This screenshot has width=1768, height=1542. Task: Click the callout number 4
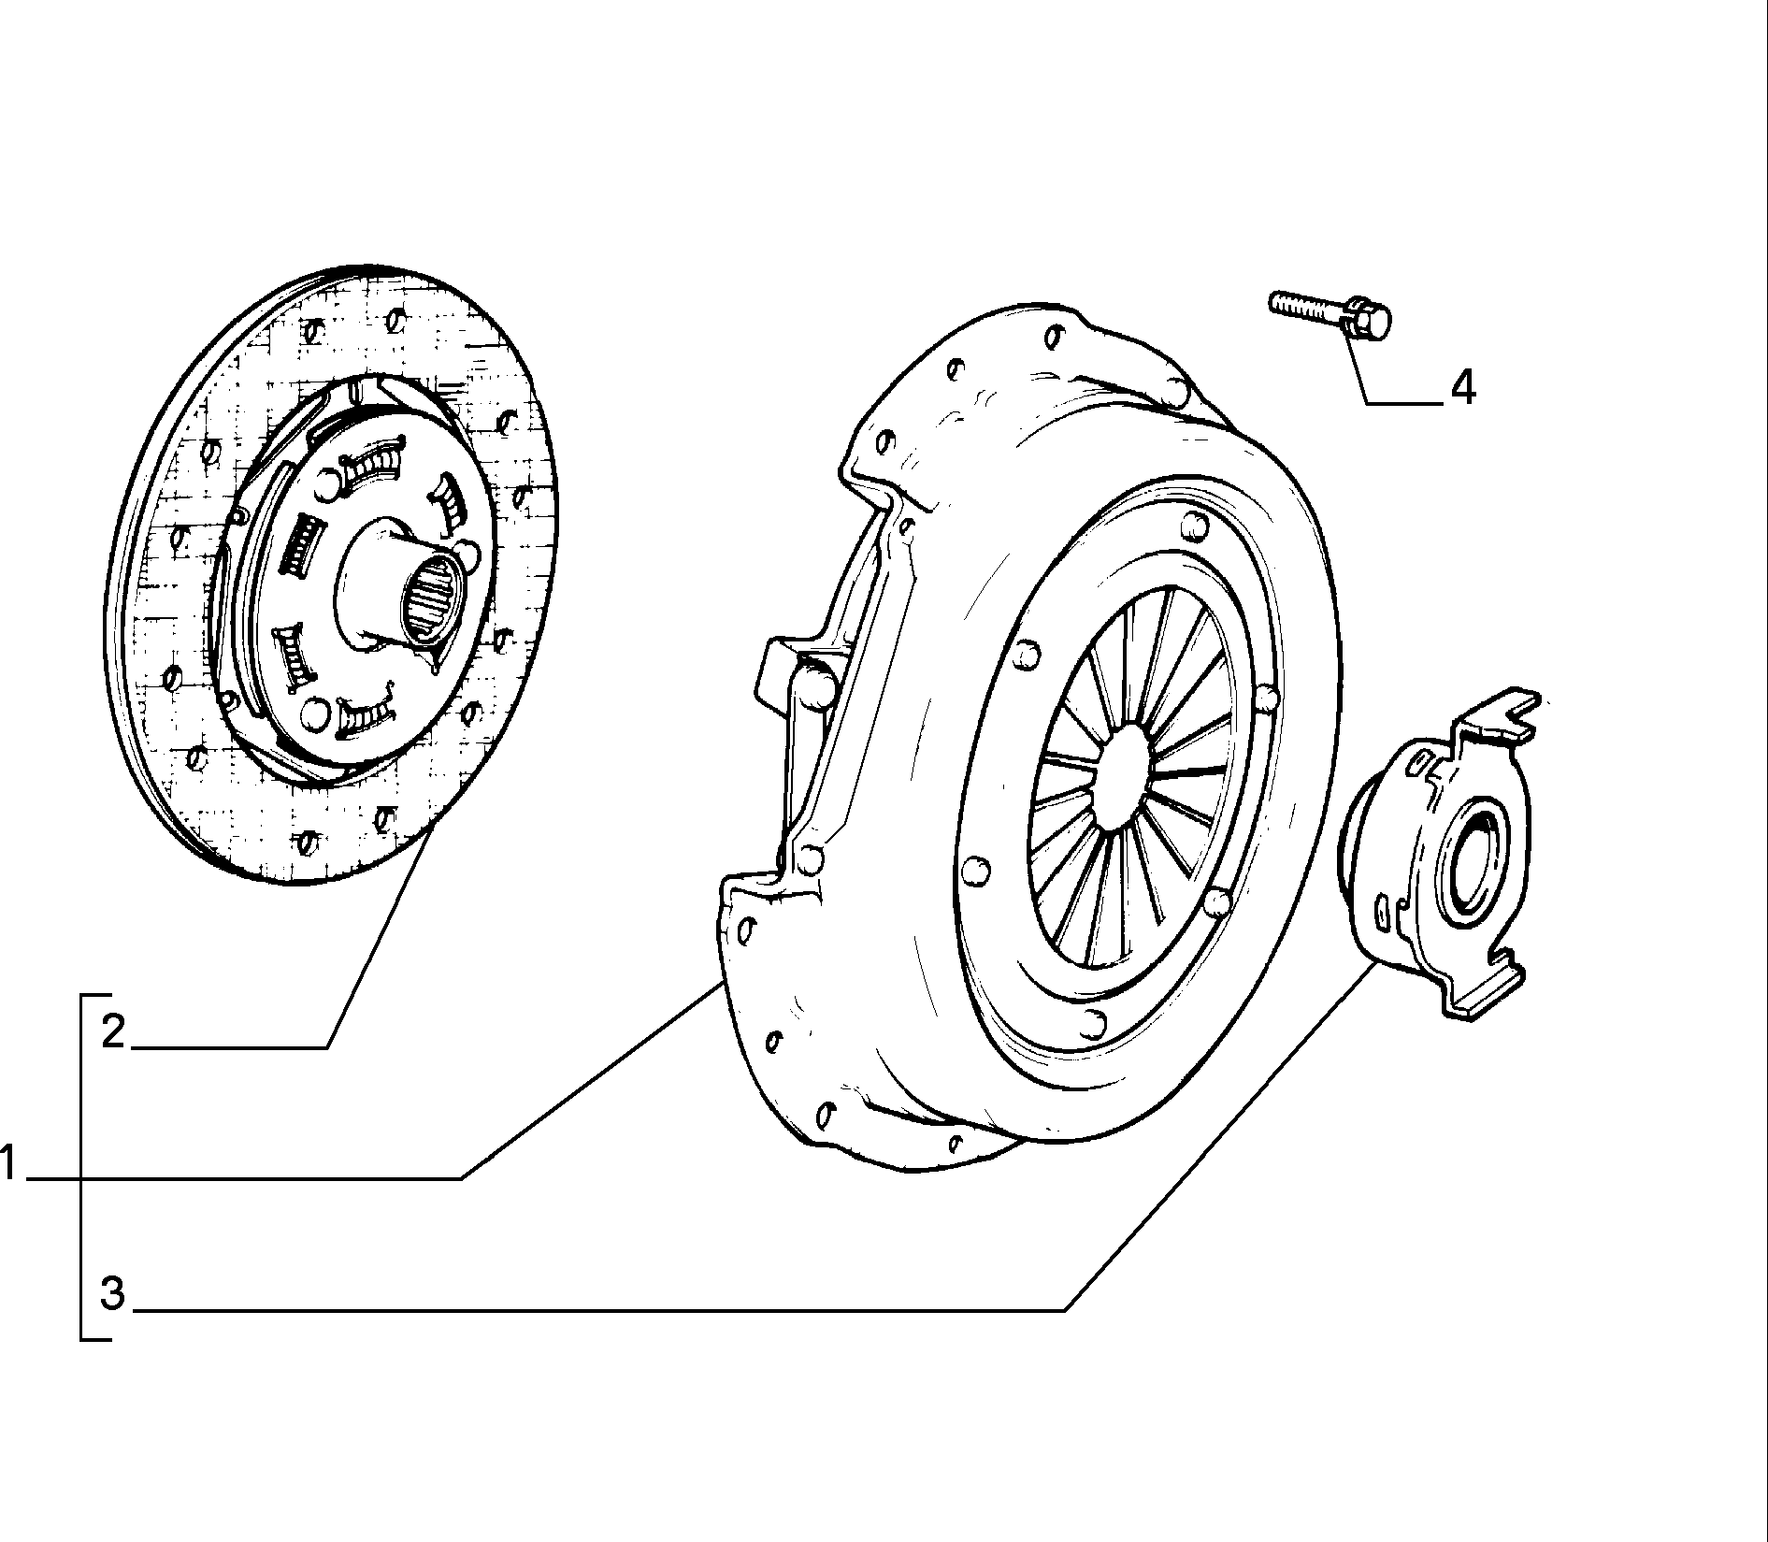tap(1462, 387)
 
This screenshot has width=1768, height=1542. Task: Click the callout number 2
tap(113, 1031)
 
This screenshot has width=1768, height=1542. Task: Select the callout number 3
tap(112, 1293)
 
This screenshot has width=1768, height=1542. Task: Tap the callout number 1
tap(8, 1164)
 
